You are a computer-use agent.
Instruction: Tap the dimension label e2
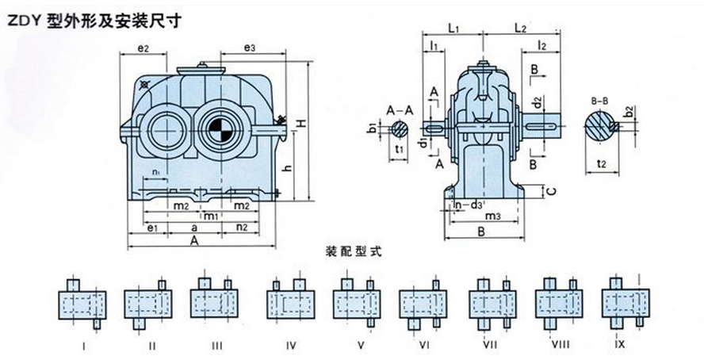click(x=144, y=49)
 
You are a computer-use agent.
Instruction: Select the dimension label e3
click(x=249, y=48)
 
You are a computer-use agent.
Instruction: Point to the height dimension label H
click(x=302, y=124)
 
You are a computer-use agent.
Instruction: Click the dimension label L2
click(x=520, y=29)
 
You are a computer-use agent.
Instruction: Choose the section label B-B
click(x=602, y=101)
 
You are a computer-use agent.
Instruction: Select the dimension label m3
click(x=492, y=216)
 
